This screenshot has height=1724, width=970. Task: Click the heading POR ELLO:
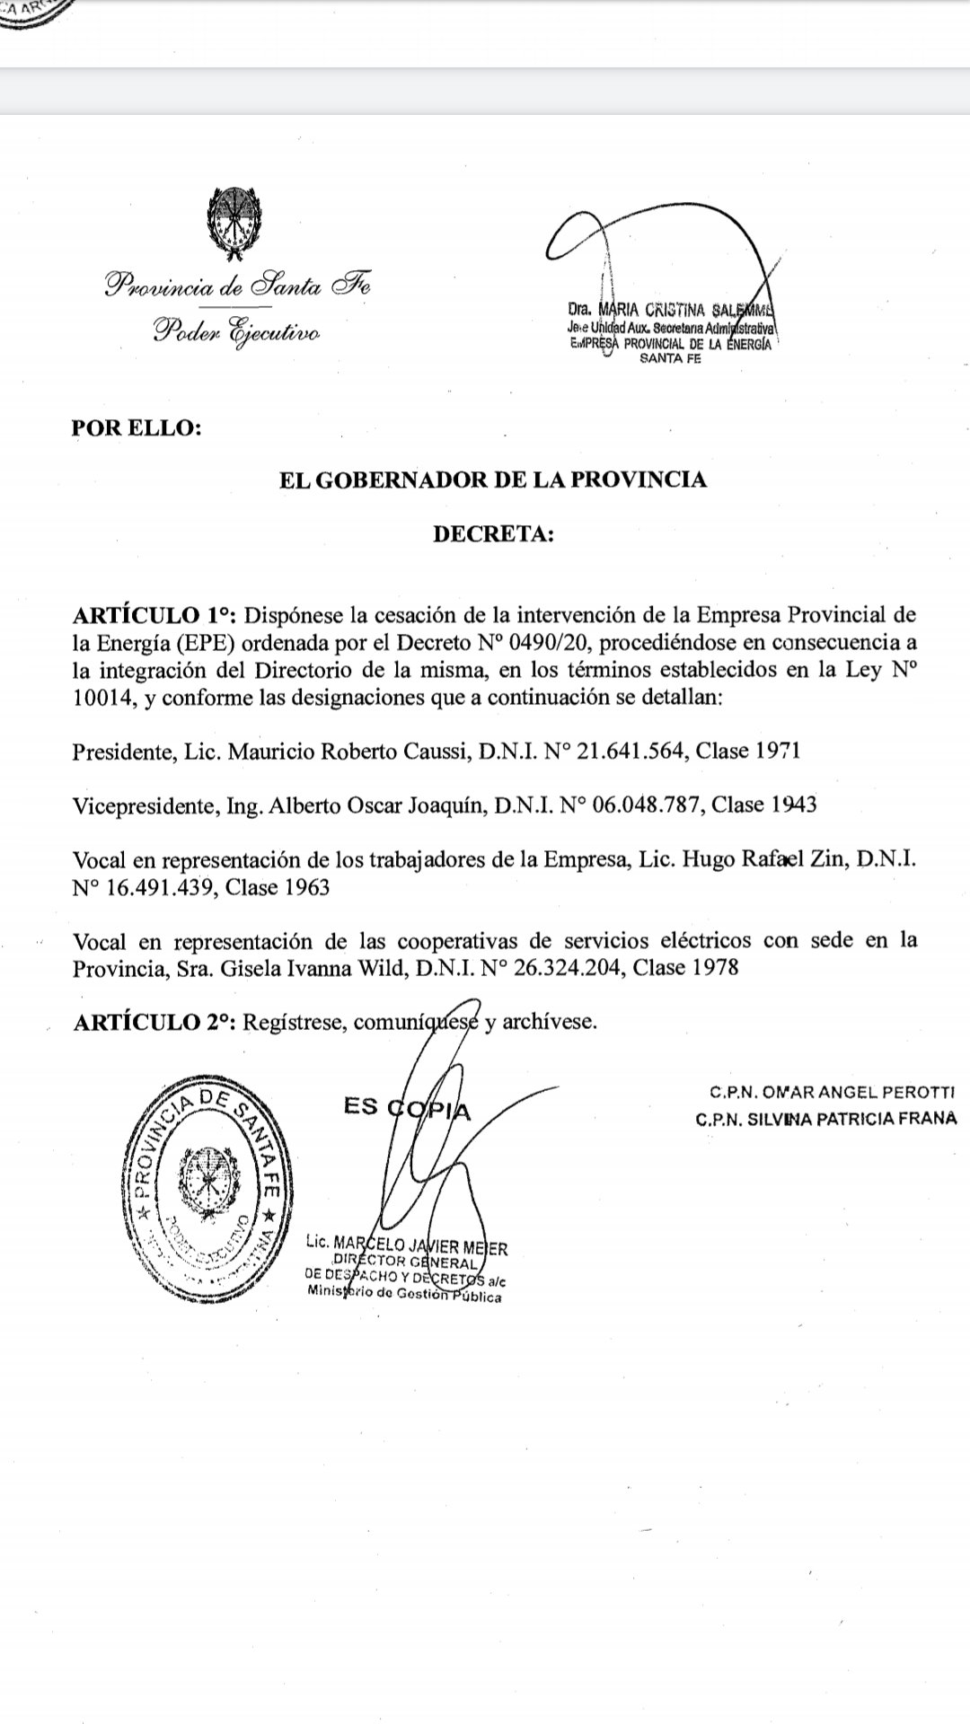pos(137,427)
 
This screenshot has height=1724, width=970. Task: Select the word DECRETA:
pos(493,534)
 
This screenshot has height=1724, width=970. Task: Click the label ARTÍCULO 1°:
pos(154,616)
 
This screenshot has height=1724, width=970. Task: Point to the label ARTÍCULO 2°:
pos(154,1022)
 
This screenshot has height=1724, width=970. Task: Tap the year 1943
pos(793,805)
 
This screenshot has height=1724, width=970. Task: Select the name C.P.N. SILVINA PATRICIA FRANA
pos(825,1120)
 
